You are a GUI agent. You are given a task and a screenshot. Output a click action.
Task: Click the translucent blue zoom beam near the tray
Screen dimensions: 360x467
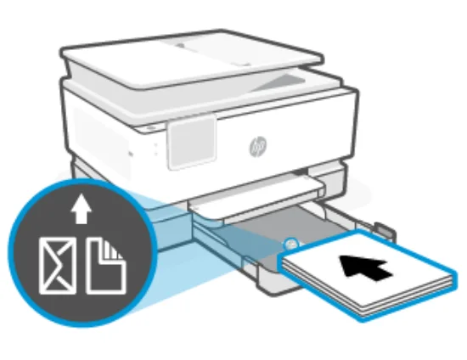pyautogui.click(x=170, y=255)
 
